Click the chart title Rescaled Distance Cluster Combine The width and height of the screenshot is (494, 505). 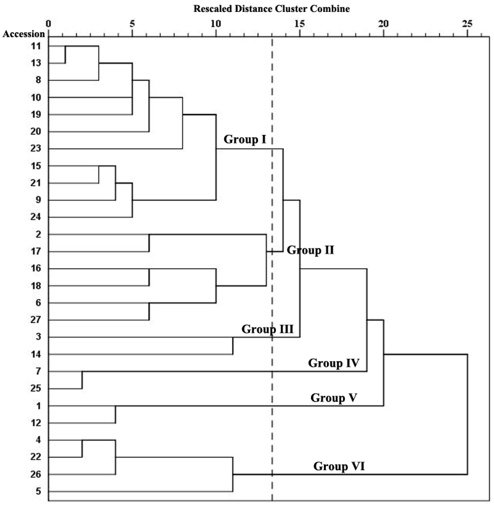(x=271, y=9)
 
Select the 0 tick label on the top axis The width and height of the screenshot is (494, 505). (x=48, y=24)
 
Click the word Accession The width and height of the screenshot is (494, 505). (x=24, y=34)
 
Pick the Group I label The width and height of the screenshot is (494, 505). (x=245, y=139)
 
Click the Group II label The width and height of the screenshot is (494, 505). (x=310, y=250)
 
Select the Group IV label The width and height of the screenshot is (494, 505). (x=333, y=363)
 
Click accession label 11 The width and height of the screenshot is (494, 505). (x=36, y=46)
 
